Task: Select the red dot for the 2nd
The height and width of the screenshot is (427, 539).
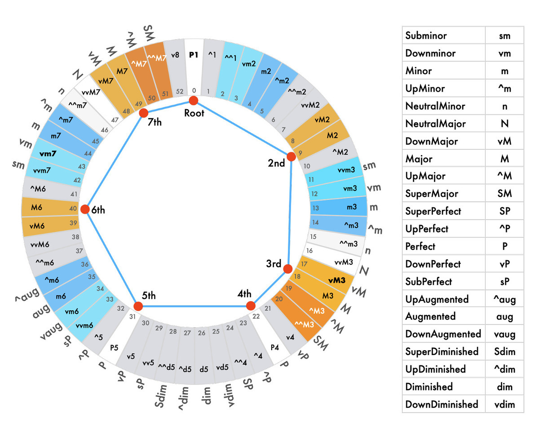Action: (x=291, y=156)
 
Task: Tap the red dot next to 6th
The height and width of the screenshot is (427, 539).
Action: (x=84, y=209)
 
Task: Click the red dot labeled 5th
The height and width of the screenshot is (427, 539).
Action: (x=138, y=307)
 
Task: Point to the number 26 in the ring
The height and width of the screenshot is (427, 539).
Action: (x=202, y=333)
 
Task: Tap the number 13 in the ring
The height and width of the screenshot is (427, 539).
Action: (x=316, y=208)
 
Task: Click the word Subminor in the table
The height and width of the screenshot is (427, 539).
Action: (x=426, y=36)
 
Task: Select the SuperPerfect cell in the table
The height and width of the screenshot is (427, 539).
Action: (x=433, y=211)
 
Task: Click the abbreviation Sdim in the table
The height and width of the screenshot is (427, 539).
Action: (x=504, y=351)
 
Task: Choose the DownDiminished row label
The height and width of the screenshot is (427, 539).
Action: (x=442, y=405)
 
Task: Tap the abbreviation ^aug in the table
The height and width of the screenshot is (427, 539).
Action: (x=504, y=299)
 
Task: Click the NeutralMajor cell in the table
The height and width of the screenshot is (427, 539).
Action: (x=435, y=124)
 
